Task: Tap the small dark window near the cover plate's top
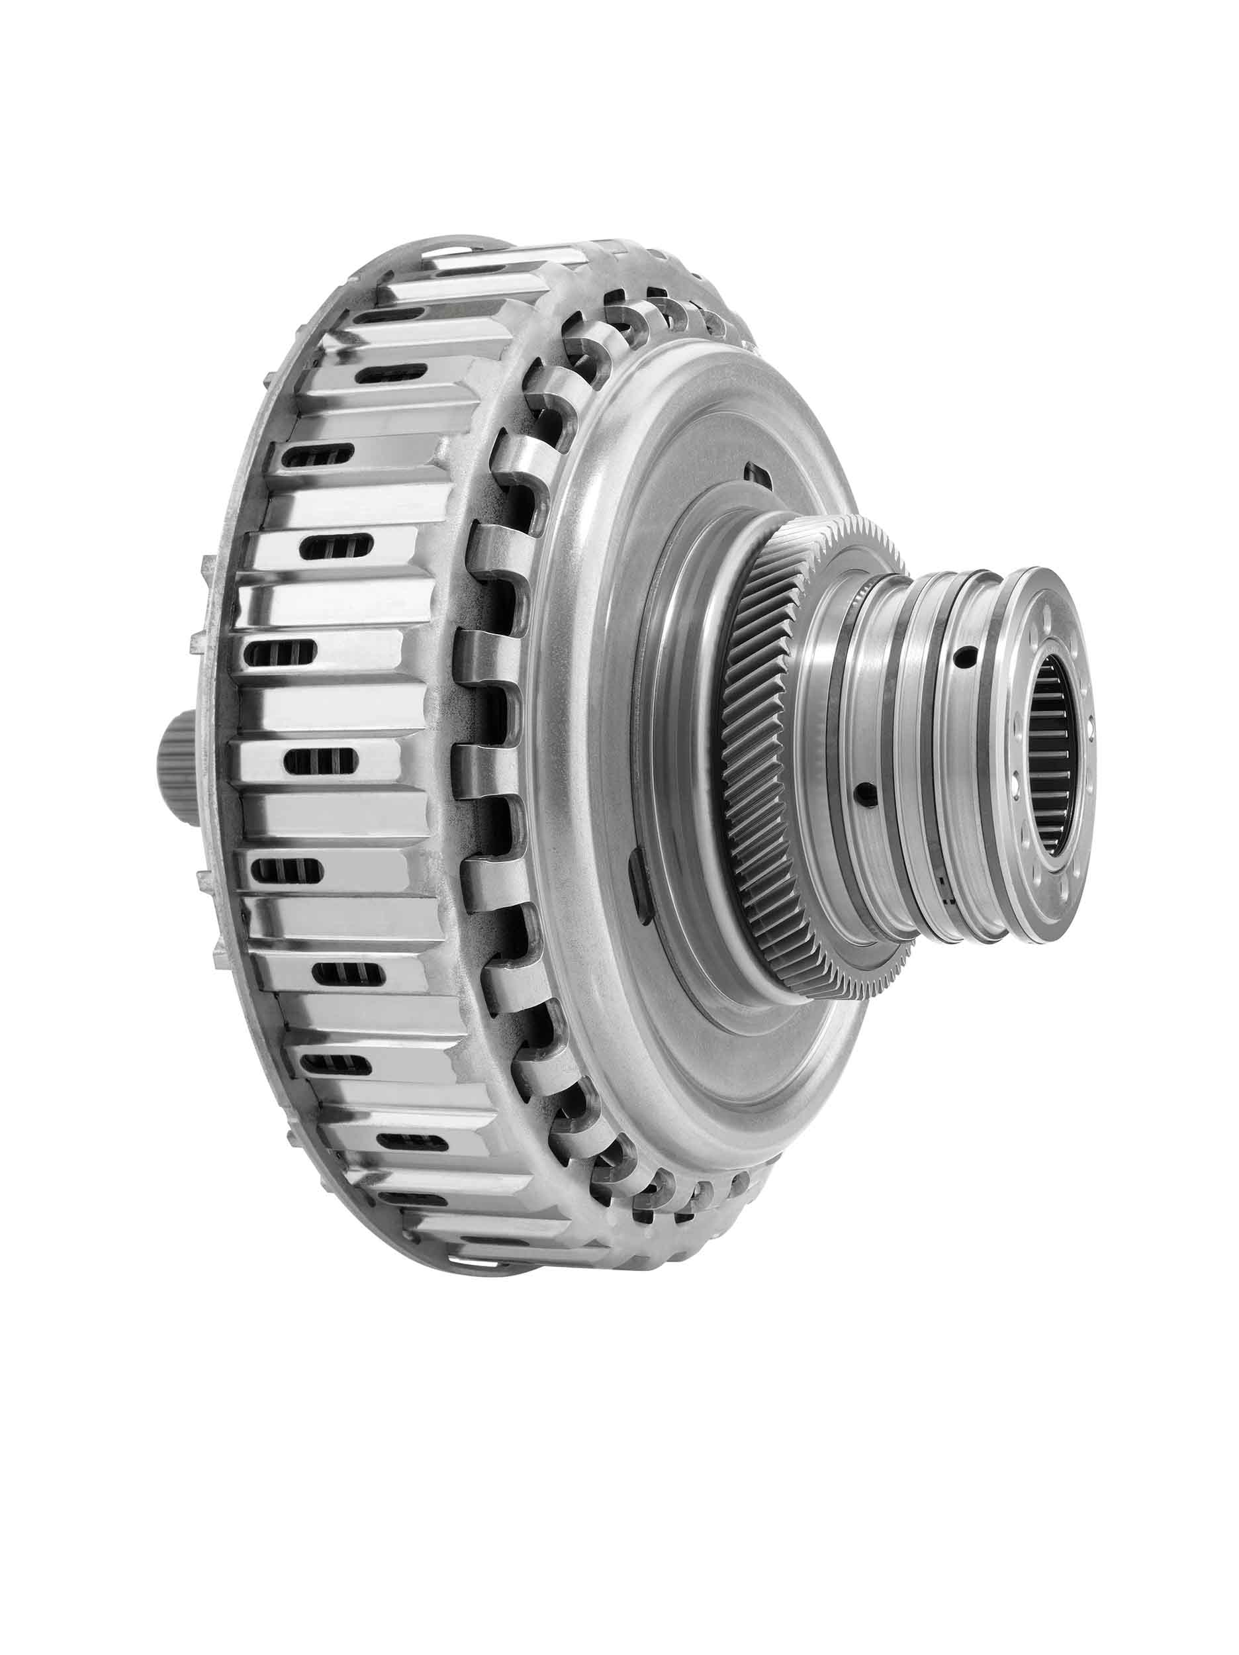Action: click(755, 473)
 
